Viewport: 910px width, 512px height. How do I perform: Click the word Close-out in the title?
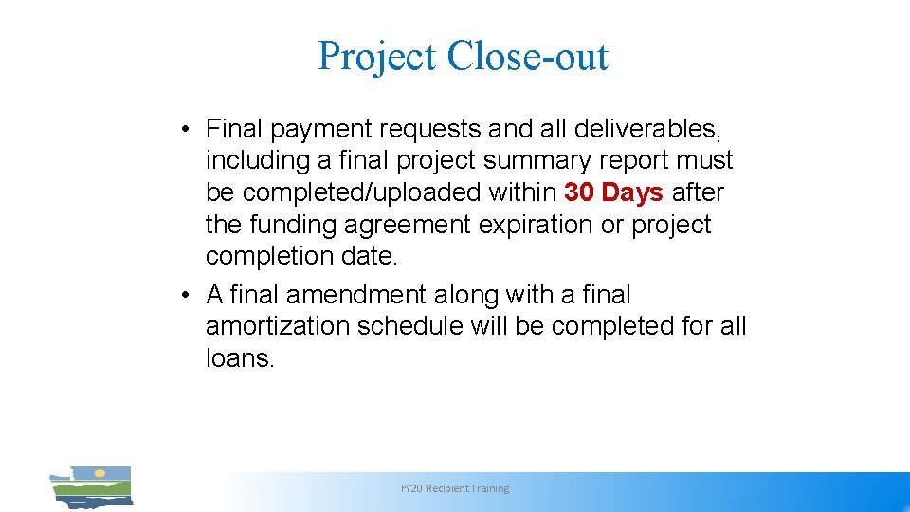tap(527, 56)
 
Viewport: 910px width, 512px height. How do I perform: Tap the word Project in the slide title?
tap(377, 57)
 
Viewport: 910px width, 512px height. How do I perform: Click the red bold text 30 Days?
tap(613, 192)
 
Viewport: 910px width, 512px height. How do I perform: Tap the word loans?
tap(239, 358)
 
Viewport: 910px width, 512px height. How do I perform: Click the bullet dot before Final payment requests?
tap(190, 128)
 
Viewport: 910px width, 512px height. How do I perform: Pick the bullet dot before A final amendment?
tap(190, 295)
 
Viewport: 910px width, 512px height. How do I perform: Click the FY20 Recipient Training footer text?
tap(455, 488)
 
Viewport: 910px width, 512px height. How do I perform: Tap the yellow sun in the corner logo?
tap(99, 472)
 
